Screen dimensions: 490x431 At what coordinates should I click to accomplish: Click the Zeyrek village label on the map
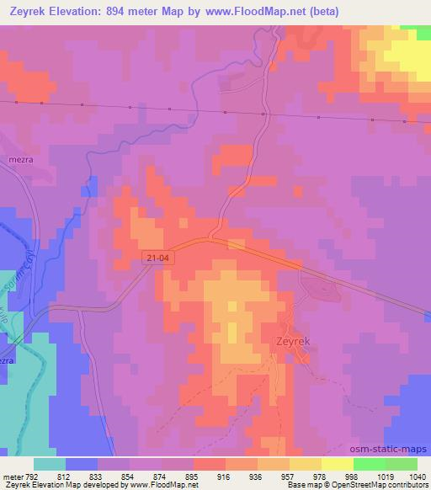point(295,343)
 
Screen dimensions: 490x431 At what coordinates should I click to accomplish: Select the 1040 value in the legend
point(417,475)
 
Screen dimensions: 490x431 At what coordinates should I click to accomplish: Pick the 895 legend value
point(193,475)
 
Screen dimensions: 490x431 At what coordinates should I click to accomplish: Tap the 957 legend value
point(289,475)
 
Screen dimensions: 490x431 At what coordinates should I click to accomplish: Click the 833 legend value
point(98,475)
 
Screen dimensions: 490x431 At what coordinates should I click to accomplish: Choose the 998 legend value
point(353,475)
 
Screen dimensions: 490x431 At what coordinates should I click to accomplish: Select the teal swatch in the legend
point(49,464)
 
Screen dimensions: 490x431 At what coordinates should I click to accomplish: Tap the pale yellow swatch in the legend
point(337,464)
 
